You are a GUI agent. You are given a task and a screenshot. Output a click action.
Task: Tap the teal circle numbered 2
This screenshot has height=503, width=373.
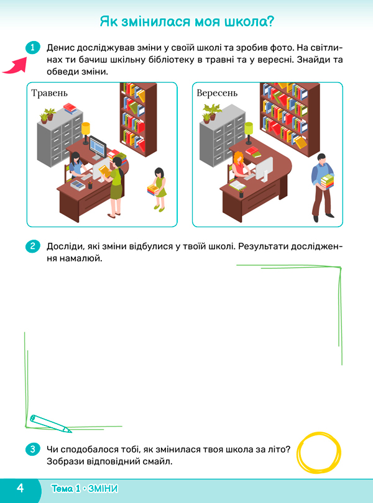coord(32,247)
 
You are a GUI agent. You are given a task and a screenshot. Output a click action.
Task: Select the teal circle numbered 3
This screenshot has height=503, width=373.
coord(32,449)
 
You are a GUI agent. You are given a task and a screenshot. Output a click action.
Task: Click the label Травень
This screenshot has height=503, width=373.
coord(50,93)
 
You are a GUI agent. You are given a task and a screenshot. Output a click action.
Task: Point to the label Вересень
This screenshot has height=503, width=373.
coord(217,93)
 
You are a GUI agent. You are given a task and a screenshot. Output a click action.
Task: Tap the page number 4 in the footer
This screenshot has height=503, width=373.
coord(21,488)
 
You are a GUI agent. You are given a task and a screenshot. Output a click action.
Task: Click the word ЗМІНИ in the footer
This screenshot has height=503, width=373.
coord(103,489)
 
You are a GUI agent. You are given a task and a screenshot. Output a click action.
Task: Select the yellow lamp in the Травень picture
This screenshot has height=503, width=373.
coord(85,133)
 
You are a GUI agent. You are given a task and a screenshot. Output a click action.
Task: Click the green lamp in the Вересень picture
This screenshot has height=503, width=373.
coord(249,133)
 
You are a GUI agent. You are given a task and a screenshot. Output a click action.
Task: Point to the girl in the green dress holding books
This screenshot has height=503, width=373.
coord(158,189)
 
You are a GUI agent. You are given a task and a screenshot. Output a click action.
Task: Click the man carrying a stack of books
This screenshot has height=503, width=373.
coord(322,188)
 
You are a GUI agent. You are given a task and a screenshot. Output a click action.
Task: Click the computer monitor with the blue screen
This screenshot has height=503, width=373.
coord(98,148)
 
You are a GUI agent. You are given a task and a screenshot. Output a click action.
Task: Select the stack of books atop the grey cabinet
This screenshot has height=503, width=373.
coord(70,109)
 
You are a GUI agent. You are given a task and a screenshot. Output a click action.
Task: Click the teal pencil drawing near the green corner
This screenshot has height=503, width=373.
coord(50,424)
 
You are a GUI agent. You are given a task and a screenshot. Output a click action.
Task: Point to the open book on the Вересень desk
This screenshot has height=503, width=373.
coord(237,185)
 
